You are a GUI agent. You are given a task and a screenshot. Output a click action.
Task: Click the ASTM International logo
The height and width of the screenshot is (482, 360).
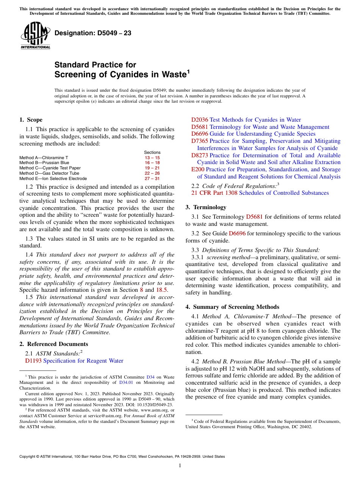tap(35, 36)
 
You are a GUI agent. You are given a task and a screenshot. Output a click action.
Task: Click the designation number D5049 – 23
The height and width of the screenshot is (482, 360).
tap(93, 33)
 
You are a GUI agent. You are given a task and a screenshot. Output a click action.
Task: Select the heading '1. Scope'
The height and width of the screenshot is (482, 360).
tap(31, 120)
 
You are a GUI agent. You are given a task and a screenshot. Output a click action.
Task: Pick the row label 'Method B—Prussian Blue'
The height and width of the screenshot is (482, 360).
tap(44, 163)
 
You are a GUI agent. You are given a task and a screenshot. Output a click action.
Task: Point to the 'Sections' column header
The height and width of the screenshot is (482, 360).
tap(152, 152)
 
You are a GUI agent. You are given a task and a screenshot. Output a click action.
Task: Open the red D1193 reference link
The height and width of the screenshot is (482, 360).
tap(33, 361)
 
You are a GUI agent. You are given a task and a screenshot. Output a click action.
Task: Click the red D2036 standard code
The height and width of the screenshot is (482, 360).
tap(200, 120)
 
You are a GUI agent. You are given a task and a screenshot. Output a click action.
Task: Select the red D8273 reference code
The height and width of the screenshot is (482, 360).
tap(200, 155)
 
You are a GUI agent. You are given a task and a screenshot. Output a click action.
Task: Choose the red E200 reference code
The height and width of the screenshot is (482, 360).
tap(198, 169)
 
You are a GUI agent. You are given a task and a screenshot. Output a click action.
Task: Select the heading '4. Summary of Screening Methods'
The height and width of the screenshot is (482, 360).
tap(232, 307)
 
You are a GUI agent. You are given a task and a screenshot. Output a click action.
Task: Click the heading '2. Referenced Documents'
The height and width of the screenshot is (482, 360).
tap(53, 344)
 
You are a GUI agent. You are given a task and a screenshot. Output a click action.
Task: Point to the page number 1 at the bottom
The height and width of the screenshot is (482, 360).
tap(180, 466)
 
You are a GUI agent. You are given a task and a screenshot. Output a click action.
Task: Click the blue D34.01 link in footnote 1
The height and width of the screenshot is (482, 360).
tap(126, 382)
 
